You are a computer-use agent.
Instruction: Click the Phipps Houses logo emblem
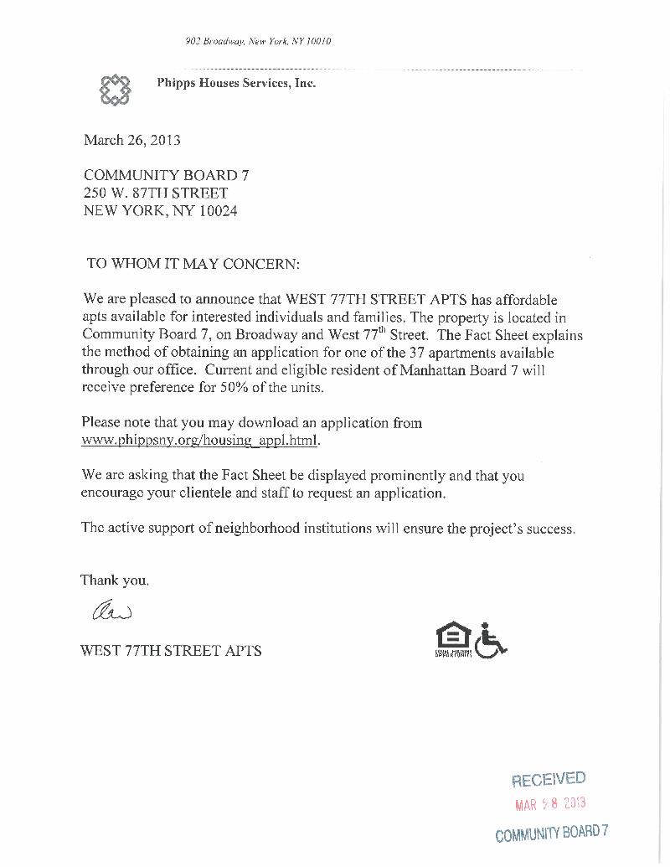[x=116, y=90]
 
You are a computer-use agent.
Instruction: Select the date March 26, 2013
[x=131, y=140]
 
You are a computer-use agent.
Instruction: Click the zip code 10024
[x=218, y=211]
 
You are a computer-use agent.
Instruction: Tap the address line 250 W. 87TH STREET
[x=155, y=194]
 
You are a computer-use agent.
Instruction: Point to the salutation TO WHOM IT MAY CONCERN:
[x=193, y=263]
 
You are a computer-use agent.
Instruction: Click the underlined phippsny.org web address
[x=201, y=440]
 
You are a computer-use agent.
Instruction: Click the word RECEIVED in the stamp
[x=549, y=779]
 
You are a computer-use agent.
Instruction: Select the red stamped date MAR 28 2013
[x=549, y=803]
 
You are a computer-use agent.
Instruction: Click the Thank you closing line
[x=115, y=580]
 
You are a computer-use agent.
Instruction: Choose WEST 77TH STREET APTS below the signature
[x=171, y=651]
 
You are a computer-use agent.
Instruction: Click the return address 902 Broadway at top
[x=258, y=41]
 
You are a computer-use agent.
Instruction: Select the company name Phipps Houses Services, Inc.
[x=236, y=83]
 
